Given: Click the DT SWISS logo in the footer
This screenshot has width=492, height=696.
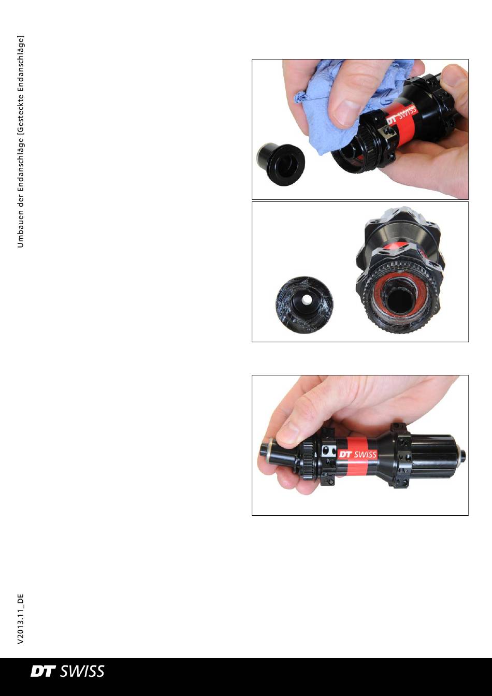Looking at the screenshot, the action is tap(67, 672).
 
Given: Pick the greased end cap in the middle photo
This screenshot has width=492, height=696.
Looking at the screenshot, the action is tap(305, 304).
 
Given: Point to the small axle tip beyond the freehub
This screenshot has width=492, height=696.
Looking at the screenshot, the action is tap(462, 454).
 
